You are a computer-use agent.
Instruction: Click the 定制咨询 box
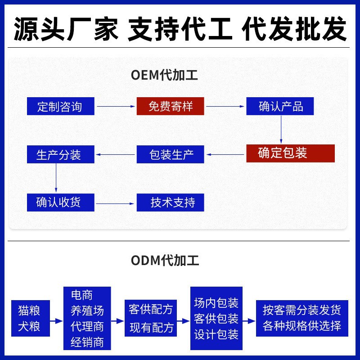coord(60,107)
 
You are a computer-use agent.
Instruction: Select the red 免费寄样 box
coord(171,107)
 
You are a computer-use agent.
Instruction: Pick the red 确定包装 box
coord(290,153)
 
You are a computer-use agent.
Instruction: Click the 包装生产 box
coord(171,155)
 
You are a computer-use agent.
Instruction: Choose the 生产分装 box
coord(60,155)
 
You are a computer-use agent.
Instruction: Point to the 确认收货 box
coord(60,202)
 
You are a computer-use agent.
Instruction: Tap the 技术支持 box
coord(171,202)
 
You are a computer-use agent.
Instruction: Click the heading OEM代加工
coord(164,75)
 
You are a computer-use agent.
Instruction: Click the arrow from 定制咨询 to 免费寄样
coord(116,107)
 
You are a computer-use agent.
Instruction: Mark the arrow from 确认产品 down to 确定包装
coord(281,129)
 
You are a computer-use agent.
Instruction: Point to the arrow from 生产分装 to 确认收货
coord(56,178)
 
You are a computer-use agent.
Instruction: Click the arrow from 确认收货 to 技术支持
coord(116,204)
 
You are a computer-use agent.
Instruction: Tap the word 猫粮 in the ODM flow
coord(29,310)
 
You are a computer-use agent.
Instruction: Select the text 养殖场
coord(87,310)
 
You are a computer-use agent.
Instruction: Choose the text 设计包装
coord(216,335)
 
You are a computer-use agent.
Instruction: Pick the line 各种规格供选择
coord(302,326)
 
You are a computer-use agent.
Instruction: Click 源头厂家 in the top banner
coord(66,29)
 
